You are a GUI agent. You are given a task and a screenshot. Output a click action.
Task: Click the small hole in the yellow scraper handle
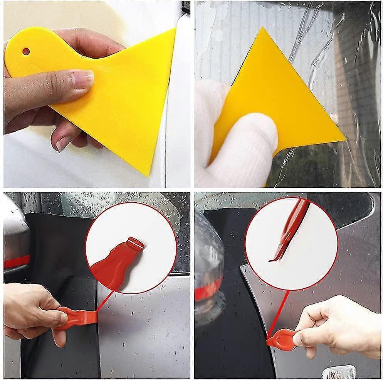coord(26,51)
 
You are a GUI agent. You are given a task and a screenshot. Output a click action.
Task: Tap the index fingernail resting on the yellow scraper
coord(84,79)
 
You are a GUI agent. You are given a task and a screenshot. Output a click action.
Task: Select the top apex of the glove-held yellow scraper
coord(263,29)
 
